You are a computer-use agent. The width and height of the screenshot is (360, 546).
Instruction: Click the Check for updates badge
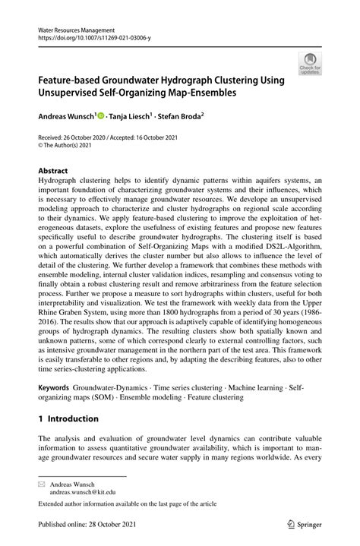[x=310, y=63]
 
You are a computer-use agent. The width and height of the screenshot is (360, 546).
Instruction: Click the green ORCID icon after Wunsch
[x=101, y=117]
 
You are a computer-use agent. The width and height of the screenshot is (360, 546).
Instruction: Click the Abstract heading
[x=54, y=172]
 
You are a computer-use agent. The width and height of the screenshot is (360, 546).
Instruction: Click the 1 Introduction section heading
[x=68, y=418]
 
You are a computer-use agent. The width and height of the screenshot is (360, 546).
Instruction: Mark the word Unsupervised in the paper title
[x=77, y=93]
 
